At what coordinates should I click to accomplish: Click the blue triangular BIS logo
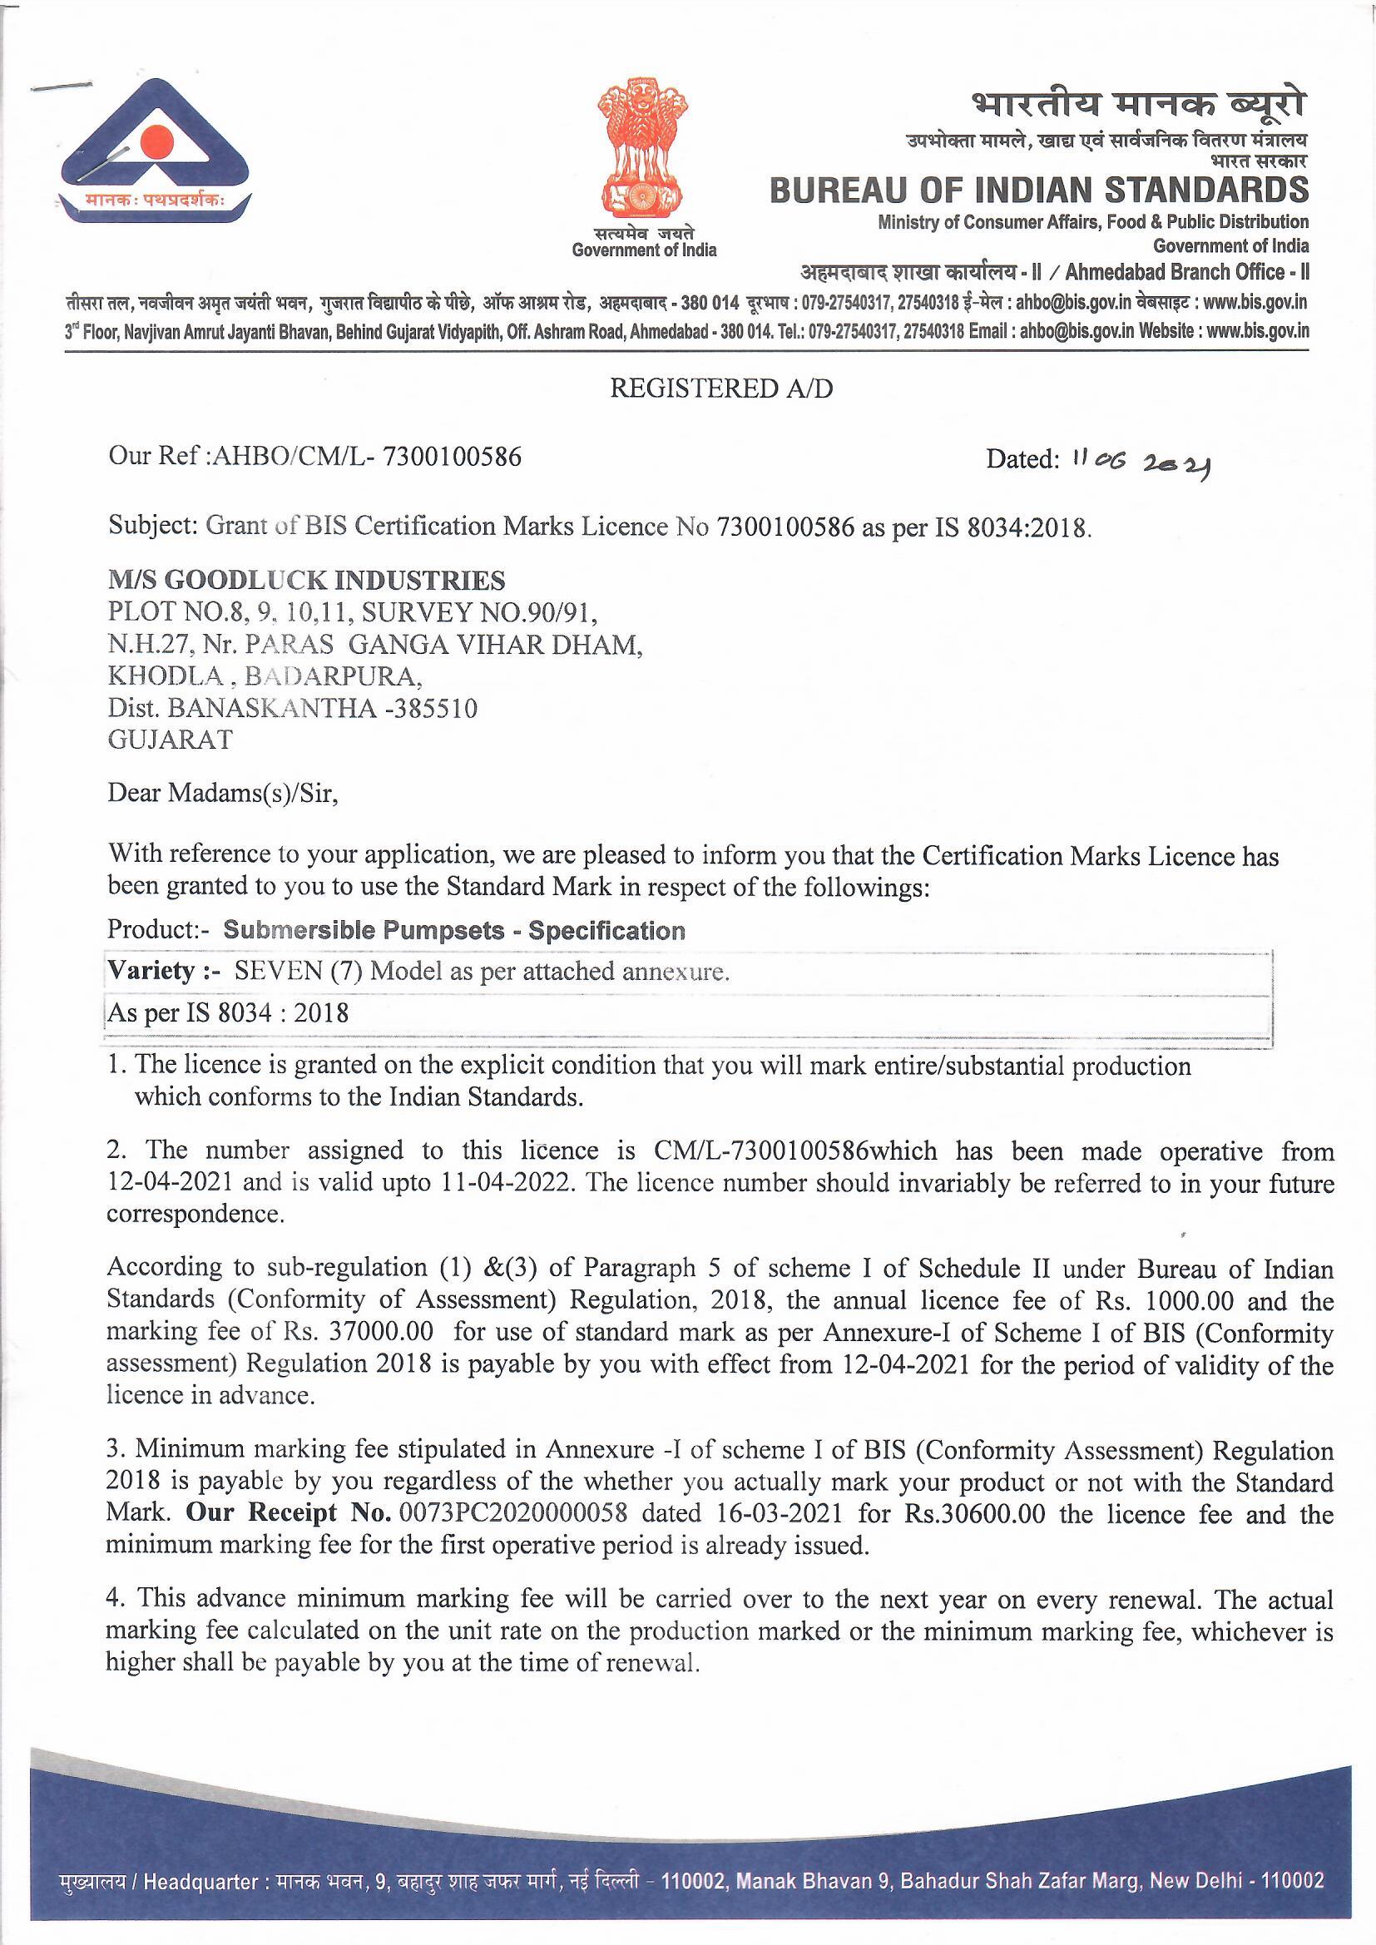[154, 152]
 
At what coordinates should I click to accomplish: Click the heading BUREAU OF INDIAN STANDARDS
[1039, 190]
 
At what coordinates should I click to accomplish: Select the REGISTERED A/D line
[721, 389]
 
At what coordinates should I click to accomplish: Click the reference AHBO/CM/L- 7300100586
[366, 458]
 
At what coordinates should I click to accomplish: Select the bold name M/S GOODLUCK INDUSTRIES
[306, 581]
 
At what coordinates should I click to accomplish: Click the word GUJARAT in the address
[170, 740]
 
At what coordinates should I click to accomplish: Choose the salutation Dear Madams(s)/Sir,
[223, 794]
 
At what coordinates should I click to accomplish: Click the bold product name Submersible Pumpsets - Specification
[454, 931]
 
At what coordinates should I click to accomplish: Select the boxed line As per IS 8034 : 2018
[228, 1013]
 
